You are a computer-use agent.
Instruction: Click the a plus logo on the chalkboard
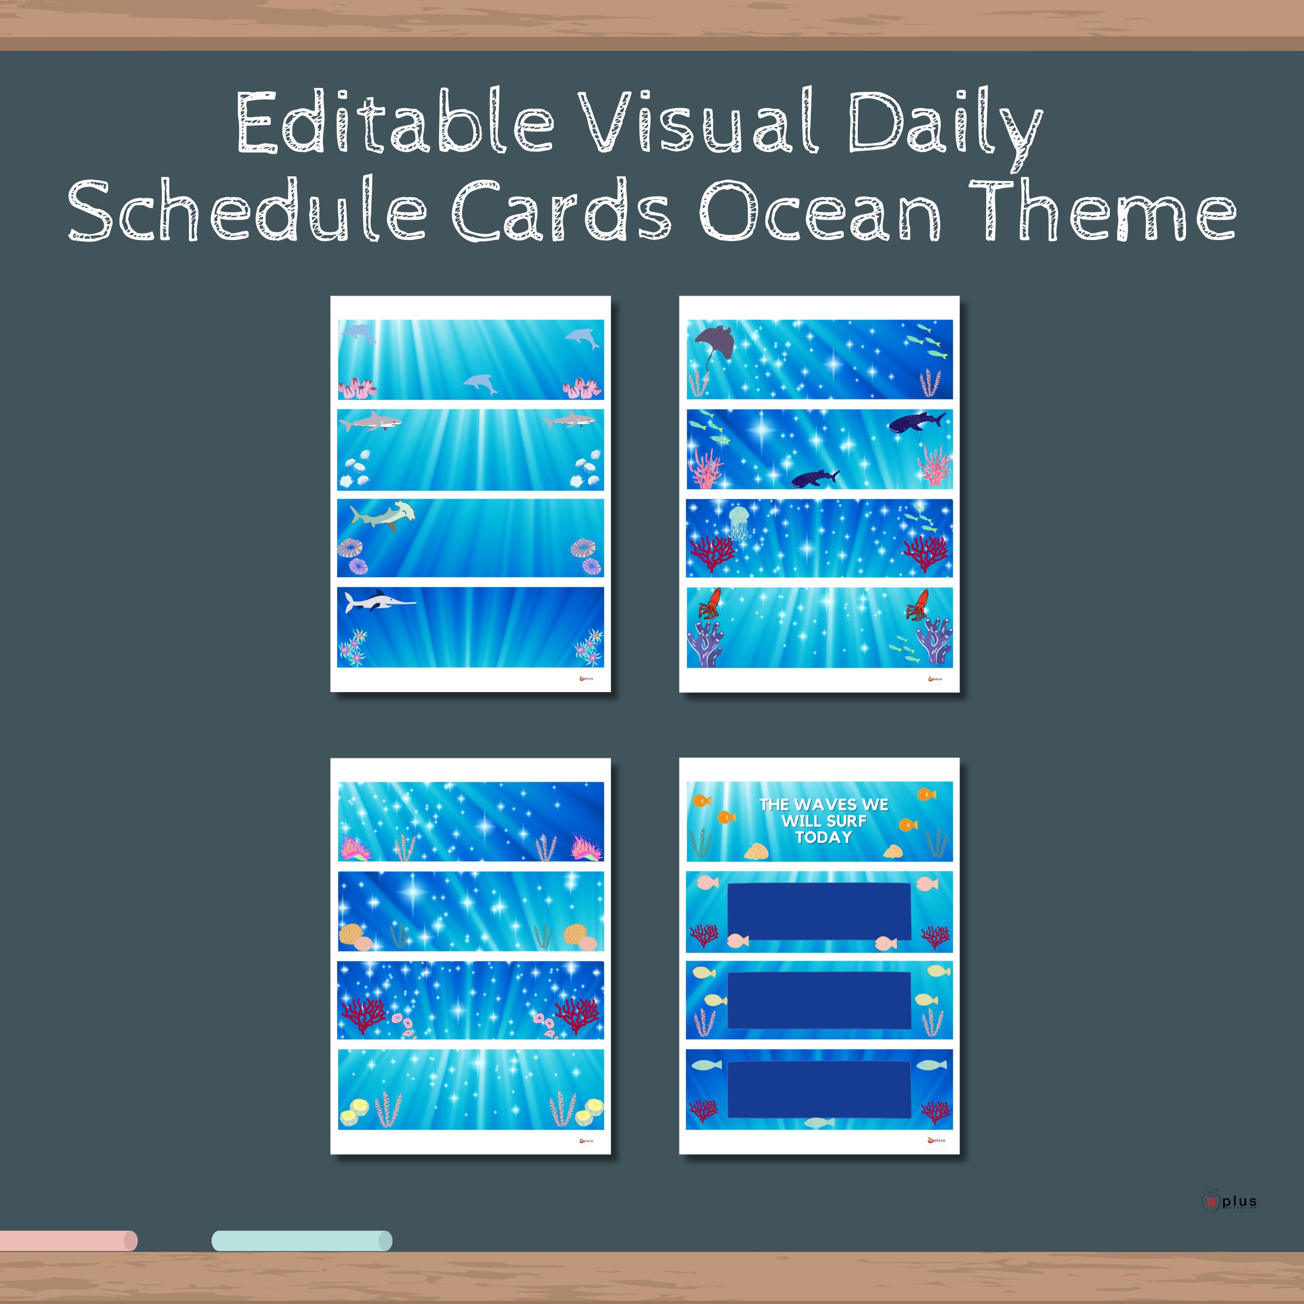coord(1230,1202)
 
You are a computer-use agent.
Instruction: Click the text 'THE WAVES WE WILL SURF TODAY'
coord(823,821)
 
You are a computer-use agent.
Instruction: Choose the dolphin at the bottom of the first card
coord(481,385)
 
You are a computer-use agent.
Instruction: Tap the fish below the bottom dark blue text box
coord(819,1122)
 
